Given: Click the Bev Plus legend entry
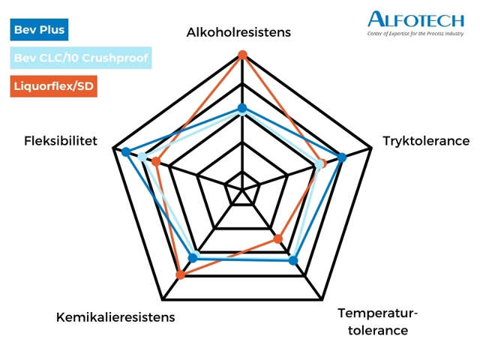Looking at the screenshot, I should click(x=38, y=31).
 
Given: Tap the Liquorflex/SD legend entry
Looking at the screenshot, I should click(x=54, y=86).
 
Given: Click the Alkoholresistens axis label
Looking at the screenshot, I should click(x=238, y=32).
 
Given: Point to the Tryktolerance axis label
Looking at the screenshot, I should click(x=426, y=141).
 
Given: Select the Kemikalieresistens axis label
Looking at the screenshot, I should click(x=115, y=317).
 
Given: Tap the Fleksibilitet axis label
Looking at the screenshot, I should click(x=61, y=141).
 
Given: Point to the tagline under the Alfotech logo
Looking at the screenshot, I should click(x=415, y=34).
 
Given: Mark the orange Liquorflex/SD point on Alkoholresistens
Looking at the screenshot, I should click(x=242, y=54).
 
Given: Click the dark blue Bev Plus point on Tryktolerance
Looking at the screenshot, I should click(x=342, y=157).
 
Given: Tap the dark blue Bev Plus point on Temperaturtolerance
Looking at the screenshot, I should click(x=293, y=260).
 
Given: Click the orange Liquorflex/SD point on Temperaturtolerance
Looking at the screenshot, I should click(x=278, y=239).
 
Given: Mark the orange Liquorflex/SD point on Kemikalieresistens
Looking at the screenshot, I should click(x=180, y=275).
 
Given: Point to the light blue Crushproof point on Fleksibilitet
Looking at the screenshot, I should click(x=142, y=157).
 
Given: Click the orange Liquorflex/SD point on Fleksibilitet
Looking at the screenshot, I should click(x=155, y=162).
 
